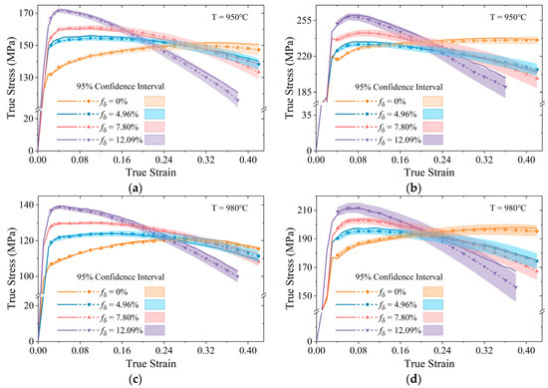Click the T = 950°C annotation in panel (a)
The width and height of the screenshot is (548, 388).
tap(236, 14)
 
